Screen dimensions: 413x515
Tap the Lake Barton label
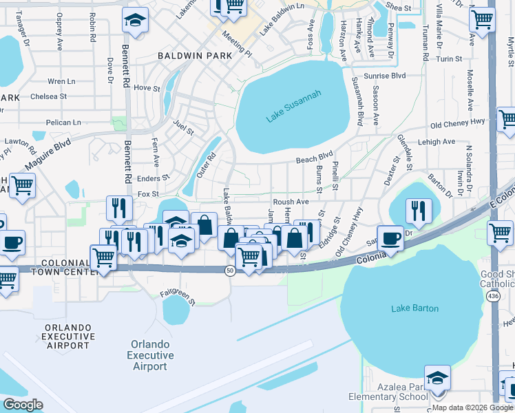click(x=414, y=308)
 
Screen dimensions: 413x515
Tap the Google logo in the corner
click(x=22, y=404)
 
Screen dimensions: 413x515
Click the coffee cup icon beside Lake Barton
click(x=390, y=237)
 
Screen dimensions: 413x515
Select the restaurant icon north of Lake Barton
click(x=418, y=211)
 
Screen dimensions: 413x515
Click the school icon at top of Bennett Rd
click(x=135, y=20)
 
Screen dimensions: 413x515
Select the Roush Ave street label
click(x=291, y=202)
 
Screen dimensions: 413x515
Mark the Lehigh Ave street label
click(x=437, y=142)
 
